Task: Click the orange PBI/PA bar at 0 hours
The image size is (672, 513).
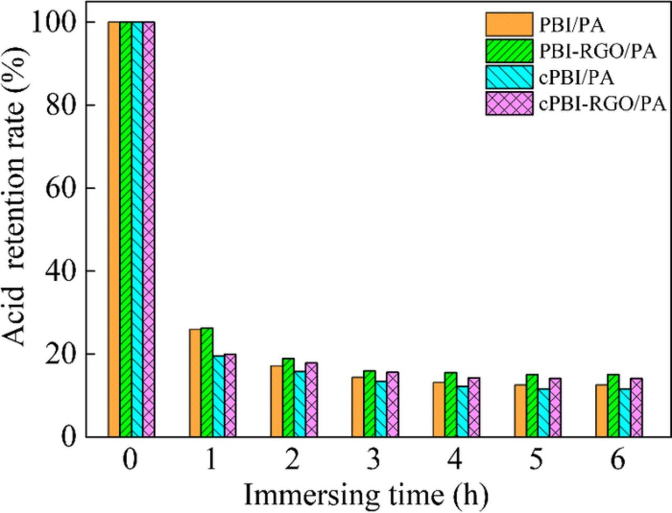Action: pyautogui.click(x=113, y=229)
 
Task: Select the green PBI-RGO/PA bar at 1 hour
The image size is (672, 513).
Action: pyautogui.click(x=206, y=382)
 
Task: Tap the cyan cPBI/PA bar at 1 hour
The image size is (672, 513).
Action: pyautogui.click(x=218, y=397)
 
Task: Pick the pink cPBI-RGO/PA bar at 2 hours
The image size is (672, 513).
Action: pyautogui.click(x=311, y=400)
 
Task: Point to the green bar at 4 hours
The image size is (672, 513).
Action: pyautogui.click(x=450, y=404)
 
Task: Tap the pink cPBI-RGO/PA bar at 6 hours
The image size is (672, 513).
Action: pyautogui.click(x=636, y=408)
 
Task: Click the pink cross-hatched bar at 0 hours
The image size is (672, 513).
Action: pyautogui.click(x=149, y=229)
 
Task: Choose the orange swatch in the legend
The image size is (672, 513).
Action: pyautogui.click(x=509, y=24)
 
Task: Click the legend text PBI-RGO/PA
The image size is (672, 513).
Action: pyautogui.click(x=597, y=51)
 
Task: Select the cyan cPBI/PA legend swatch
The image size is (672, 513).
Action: pyautogui.click(x=509, y=77)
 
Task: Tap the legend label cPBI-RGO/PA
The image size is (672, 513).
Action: pyautogui.click(x=603, y=104)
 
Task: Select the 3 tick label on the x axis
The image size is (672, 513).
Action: pyautogui.click(x=374, y=460)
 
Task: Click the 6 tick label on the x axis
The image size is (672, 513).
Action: pyautogui.click(x=618, y=460)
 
